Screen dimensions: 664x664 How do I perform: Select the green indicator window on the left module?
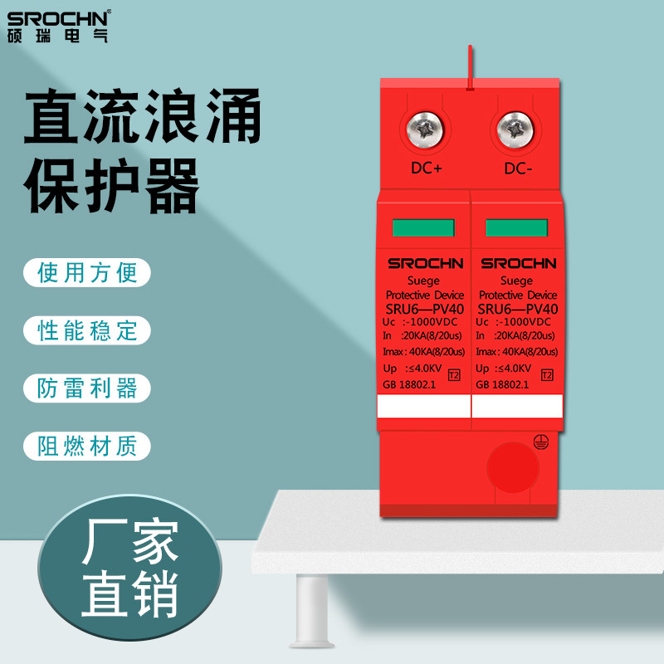pyautogui.click(x=423, y=229)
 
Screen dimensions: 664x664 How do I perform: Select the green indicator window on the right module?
pyautogui.click(x=517, y=229)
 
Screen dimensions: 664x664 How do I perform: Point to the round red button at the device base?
pyautogui.click(x=511, y=467)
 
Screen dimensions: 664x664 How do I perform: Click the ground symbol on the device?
pyautogui.click(x=539, y=445)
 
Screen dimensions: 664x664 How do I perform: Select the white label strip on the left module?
pyautogui.click(x=423, y=405)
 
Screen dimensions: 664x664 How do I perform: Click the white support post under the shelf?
pyautogui.click(x=314, y=610)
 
